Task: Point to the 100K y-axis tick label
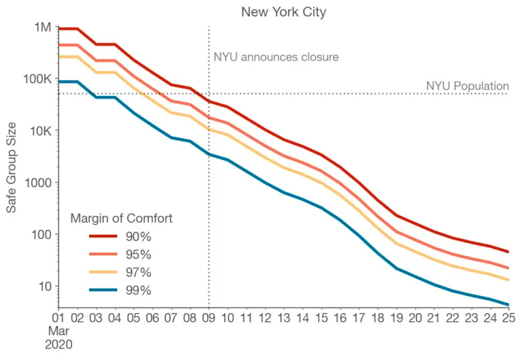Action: (38, 79)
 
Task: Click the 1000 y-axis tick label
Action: (38, 182)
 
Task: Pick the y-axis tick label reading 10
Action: (45, 286)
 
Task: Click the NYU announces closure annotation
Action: (276, 57)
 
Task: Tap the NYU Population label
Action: (467, 86)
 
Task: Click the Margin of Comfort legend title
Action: (121, 218)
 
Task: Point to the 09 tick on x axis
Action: (208, 316)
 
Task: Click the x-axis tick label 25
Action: (508, 316)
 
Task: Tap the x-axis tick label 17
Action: (358, 316)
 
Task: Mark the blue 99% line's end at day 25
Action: (508, 304)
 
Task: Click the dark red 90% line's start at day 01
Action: (59, 29)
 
